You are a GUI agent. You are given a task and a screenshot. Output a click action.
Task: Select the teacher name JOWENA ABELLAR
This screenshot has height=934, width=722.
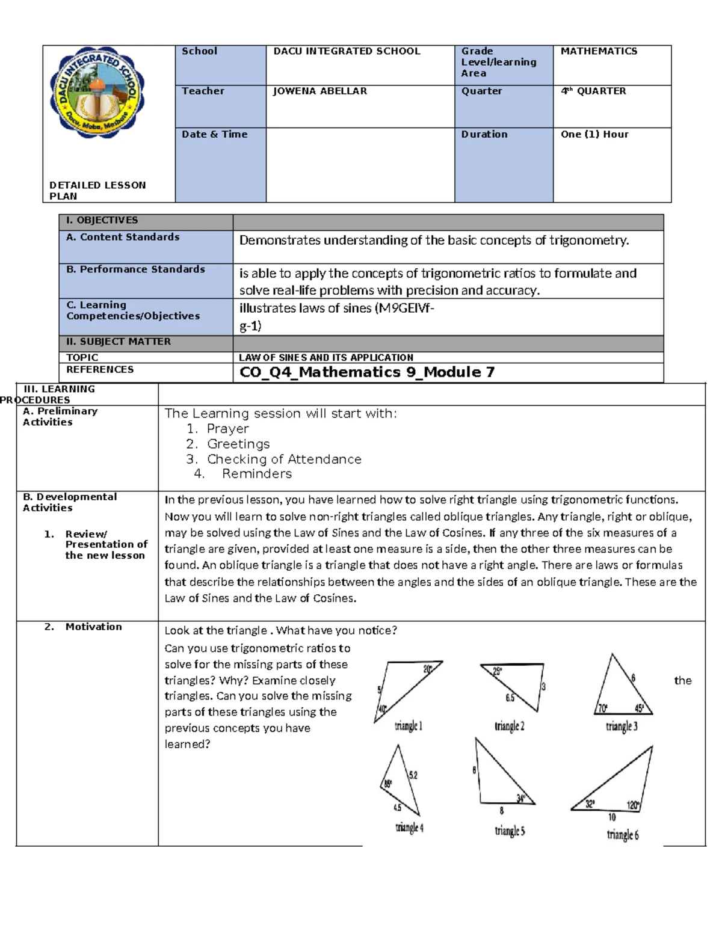click(x=319, y=91)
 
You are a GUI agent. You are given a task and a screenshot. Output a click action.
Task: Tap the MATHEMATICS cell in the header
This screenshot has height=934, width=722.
click(x=599, y=52)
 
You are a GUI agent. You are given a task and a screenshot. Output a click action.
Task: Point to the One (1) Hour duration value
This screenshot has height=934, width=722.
click(x=594, y=135)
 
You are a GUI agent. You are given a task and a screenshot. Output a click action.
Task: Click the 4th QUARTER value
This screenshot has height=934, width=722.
click(x=593, y=91)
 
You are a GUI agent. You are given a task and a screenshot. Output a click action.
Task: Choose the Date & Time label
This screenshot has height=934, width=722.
click(x=215, y=135)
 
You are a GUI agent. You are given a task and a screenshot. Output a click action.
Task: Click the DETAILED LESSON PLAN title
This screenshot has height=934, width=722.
click(x=97, y=191)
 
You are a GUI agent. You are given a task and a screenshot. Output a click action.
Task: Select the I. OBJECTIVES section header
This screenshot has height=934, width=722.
click(x=102, y=221)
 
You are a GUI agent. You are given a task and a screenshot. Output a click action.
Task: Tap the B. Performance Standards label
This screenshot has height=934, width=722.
click(x=135, y=269)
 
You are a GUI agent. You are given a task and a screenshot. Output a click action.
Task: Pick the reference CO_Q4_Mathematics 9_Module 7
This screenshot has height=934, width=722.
click(x=367, y=372)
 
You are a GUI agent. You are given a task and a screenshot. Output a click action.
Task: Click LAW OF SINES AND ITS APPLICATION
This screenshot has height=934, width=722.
click(x=326, y=357)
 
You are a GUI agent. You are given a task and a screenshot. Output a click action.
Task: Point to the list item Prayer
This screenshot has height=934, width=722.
click(x=227, y=429)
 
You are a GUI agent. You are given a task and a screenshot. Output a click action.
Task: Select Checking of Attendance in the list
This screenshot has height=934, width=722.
click(x=284, y=459)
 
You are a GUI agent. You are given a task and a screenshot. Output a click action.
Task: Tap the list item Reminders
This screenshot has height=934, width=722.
click(x=257, y=474)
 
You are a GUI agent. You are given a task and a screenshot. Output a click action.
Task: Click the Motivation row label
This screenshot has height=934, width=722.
click(x=93, y=627)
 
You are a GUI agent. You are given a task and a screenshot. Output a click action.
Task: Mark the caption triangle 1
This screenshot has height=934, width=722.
click(x=409, y=726)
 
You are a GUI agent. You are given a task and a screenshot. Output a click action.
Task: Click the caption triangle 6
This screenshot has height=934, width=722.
click(x=623, y=834)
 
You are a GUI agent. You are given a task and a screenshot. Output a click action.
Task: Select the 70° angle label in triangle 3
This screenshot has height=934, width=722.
click(x=602, y=708)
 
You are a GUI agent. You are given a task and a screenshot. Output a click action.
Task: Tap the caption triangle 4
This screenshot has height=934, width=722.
click(x=409, y=828)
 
